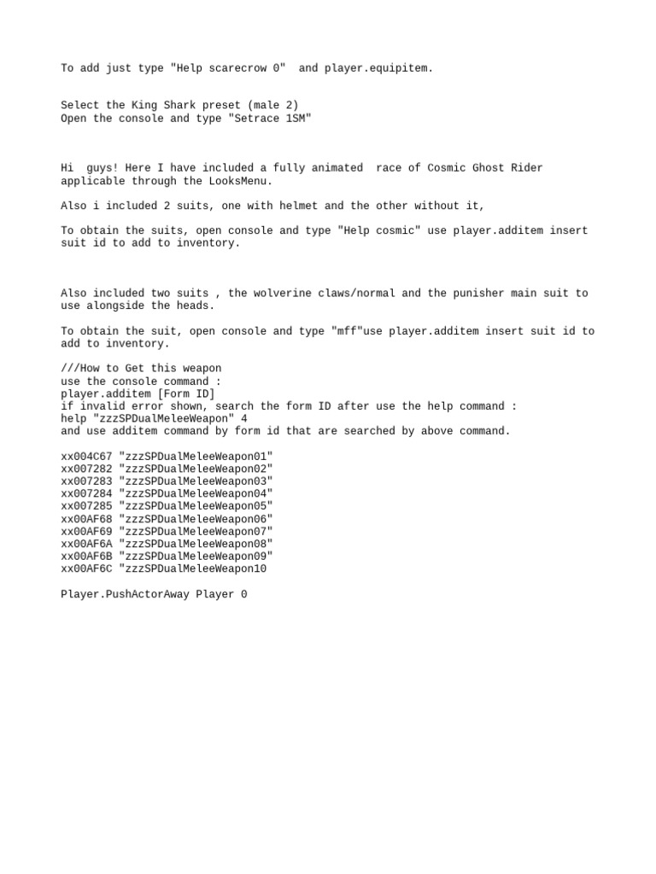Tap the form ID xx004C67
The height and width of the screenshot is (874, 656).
click(86, 457)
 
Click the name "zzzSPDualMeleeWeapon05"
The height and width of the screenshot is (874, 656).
click(196, 506)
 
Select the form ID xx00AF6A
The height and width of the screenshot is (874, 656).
click(86, 544)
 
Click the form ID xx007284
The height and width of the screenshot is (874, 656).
click(86, 493)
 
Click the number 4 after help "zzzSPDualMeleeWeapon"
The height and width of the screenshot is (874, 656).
click(244, 419)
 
